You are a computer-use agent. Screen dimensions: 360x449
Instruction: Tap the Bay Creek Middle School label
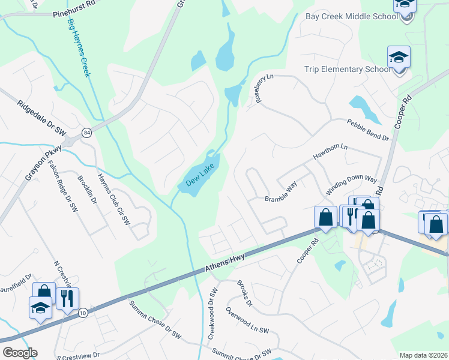point(351,16)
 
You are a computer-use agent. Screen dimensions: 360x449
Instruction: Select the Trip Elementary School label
point(347,70)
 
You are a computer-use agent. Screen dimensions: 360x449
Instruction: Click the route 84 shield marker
point(86,132)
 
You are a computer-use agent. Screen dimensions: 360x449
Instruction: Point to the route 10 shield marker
point(83,313)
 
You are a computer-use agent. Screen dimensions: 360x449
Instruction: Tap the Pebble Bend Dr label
point(367,130)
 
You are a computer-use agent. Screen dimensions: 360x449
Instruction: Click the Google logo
point(20,353)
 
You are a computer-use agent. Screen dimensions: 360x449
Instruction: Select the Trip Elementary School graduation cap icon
point(399,58)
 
